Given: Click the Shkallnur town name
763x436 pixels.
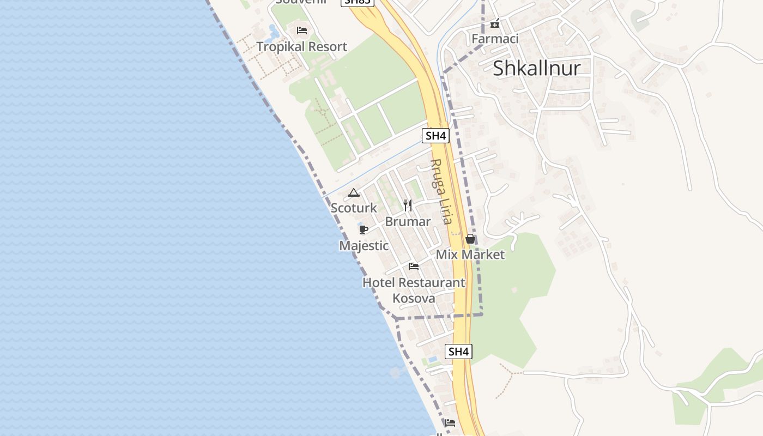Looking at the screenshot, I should click(536, 68).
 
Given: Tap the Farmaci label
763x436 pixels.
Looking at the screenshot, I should click(495, 39).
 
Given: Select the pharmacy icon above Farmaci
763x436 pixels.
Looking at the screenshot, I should click(495, 23).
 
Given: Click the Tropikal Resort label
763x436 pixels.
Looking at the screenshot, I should click(301, 47).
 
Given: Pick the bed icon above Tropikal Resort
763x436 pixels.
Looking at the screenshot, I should click(301, 31).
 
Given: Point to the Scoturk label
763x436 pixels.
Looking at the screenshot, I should click(354, 208).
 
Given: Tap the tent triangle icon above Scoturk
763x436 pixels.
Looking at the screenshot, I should click(354, 192).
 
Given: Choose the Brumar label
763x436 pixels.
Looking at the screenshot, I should click(408, 221).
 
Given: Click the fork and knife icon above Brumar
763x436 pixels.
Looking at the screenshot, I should click(408, 205).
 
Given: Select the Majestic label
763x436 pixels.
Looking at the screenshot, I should click(364, 246).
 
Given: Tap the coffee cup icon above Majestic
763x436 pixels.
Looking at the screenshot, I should click(364, 229).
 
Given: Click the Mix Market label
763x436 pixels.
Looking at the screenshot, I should click(470, 255).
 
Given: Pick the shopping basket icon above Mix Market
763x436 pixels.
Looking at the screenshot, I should click(470, 239).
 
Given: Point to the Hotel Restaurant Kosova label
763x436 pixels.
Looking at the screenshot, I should click(414, 290).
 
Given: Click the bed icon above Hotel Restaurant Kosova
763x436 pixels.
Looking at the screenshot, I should click(414, 267).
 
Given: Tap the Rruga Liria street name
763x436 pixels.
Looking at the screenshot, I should click(441, 191).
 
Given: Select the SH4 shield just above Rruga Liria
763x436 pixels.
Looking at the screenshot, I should click(435, 136).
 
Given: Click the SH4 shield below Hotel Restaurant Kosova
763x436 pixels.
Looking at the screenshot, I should click(458, 352).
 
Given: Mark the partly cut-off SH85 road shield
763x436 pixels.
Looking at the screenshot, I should click(358, 2).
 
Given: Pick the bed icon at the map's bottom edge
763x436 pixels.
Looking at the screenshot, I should click(450, 422).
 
